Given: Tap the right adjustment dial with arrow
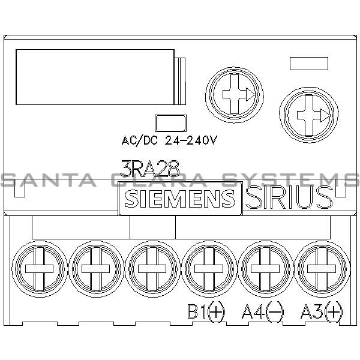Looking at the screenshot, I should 307,115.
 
